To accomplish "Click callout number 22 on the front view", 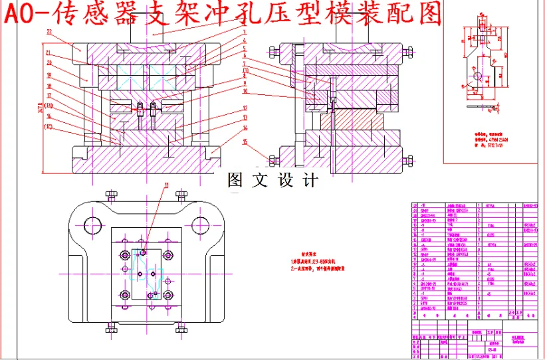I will (x=49, y=31).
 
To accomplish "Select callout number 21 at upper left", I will (x=49, y=52).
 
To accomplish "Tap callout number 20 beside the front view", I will (x=49, y=63).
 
